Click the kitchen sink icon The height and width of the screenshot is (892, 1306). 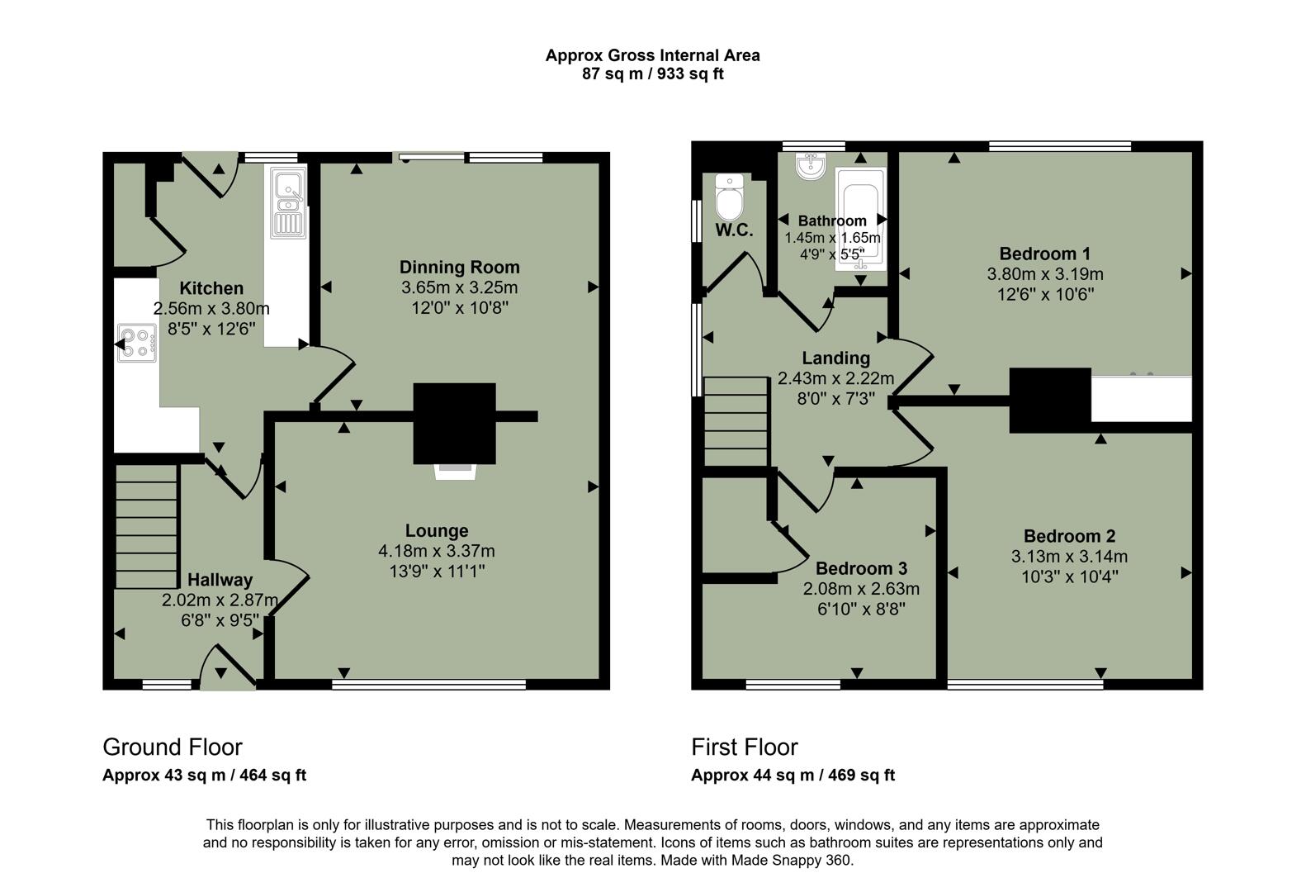pyautogui.click(x=287, y=203)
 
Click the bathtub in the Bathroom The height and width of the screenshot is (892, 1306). pyautogui.click(x=860, y=219)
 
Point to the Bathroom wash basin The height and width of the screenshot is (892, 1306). pyautogui.click(x=812, y=165)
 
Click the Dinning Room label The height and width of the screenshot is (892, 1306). pyautogui.click(x=459, y=267)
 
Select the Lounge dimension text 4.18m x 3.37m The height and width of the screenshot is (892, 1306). pyautogui.click(x=437, y=551)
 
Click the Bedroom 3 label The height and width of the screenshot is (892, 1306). pyautogui.click(x=861, y=568)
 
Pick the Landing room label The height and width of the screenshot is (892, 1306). pyautogui.click(x=835, y=358)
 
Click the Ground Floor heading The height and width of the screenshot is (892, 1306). pyautogui.click(x=173, y=747)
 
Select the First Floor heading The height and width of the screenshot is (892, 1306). pyautogui.click(x=744, y=747)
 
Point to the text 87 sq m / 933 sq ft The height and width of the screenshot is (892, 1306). pyautogui.click(x=652, y=74)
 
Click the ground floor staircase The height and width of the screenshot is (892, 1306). pyautogui.click(x=146, y=525)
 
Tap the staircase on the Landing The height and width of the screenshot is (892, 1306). pyautogui.click(x=736, y=421)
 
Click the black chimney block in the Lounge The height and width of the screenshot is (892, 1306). pyautogui.click(x=455, y=423)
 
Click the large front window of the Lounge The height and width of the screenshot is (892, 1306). pyautogui.click(x=428, y=684)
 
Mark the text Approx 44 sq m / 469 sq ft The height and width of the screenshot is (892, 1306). pyautogui.click(x=793, y=775)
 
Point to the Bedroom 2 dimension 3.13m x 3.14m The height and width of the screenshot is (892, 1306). pyautogui.click(x=1069, y=557)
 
